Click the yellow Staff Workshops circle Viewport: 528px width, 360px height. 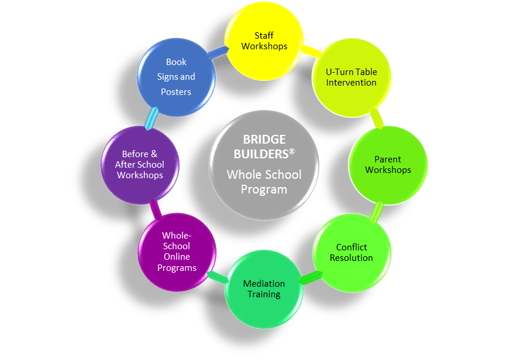point(264,41)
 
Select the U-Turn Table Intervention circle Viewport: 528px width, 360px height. point(351,78)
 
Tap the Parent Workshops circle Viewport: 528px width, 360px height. point(388,165)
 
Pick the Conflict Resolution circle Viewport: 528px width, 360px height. point(351,253)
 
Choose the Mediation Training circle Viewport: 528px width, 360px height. point(264,289)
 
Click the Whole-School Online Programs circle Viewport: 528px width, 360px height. point(177,252)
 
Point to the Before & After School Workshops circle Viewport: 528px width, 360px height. point(140,165)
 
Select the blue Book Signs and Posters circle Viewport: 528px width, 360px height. point(177,77)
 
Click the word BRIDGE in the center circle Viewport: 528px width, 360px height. point(265,140)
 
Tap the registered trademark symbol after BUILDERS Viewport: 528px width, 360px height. point(292,151)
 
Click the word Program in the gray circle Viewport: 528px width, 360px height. point(264,190)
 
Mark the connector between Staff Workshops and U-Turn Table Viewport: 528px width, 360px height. point(310,51)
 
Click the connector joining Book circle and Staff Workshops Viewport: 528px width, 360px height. point(218,52)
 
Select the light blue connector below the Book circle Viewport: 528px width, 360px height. point(151,118)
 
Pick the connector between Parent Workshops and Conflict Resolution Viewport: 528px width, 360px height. point(377,212)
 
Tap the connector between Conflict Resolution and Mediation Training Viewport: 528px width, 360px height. point(310,278)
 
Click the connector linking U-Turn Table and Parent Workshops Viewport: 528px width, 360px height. point(377,118)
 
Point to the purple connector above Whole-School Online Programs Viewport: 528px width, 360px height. point(155,209)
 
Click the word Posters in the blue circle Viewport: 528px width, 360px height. point(176,92)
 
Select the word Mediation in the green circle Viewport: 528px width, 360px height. point(264,284)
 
